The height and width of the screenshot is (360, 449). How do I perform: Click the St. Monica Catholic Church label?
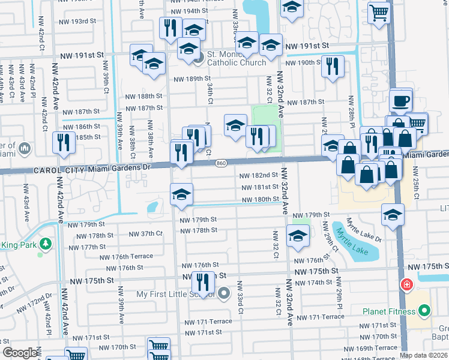[x=237, y=58]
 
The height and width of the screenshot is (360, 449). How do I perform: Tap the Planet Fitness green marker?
[x=425, y=311]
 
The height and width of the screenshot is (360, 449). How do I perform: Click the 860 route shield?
[x=221, y=163]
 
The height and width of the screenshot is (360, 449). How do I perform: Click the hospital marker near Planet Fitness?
[x=406, y=284]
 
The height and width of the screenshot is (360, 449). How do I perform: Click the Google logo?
[x=20, y=353]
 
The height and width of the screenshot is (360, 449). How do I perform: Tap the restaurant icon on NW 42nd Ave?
[x=63, y=142]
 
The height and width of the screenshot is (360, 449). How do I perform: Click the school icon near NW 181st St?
[x=181, y=194]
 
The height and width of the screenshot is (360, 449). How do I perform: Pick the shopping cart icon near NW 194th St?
[x=378, y=11]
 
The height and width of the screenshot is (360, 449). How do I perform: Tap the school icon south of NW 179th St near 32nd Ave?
[x=297, y=236]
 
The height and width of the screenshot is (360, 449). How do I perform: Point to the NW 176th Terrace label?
[x=127, y=257]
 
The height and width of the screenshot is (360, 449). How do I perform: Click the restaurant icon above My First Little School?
[x=203, y=282]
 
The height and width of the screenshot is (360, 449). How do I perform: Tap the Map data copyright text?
[x=423, y=355]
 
